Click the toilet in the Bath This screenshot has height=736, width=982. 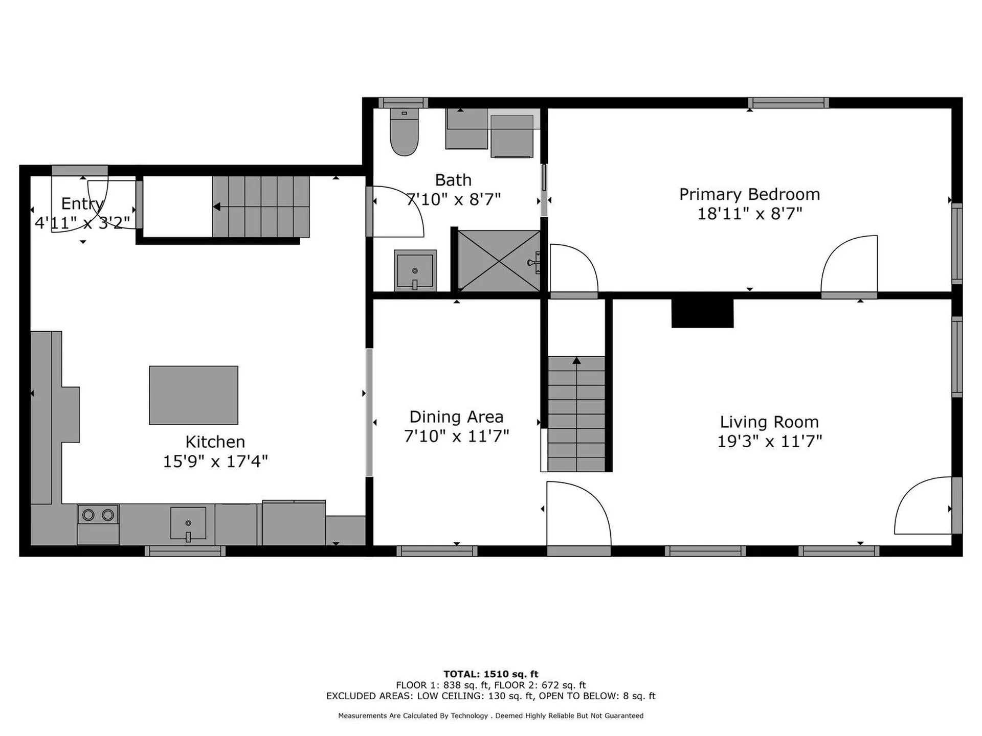pos(404,133)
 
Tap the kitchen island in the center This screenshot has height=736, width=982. pos(193,395)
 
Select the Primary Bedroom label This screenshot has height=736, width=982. pos(749,194)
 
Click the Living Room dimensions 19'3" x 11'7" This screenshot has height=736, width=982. pos(769,441)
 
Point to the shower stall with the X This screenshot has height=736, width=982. pos(499,261)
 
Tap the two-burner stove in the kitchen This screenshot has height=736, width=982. pos(98,515)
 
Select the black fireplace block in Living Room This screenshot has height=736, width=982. pos(702,313)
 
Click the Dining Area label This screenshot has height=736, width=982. pos(456,417)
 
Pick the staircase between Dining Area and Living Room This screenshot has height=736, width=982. pos(576,414)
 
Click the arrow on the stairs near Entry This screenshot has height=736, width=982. pos(217,207)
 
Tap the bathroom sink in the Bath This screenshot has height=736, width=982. pos(415,270)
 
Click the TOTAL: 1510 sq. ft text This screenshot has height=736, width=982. pos(490,674)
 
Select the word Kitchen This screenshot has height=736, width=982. pos(215,442)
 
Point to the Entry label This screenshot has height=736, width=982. pos(82,203)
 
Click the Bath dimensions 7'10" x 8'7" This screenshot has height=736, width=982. pos(453,199)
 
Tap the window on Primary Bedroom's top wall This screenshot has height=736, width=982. pos(788,103)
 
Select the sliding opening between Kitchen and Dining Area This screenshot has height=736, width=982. pos(369,412)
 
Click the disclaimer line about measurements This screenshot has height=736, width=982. pos(490,716)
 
